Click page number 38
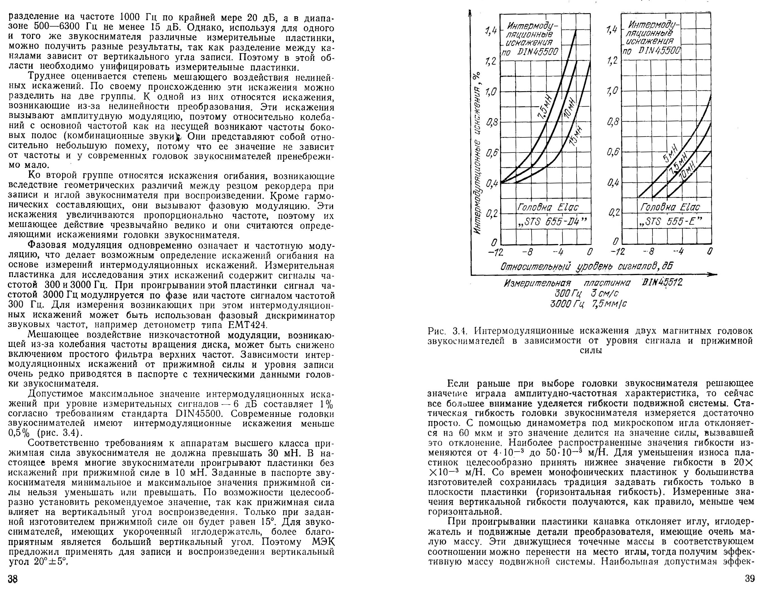tap(13, 579)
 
